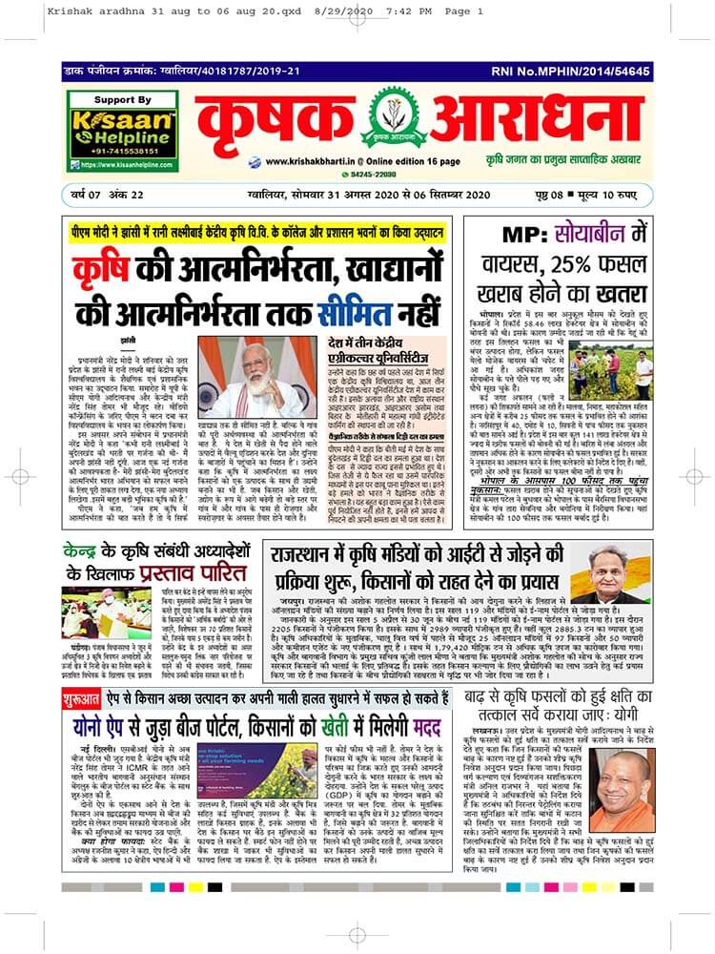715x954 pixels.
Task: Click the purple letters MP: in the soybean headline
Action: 520,234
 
